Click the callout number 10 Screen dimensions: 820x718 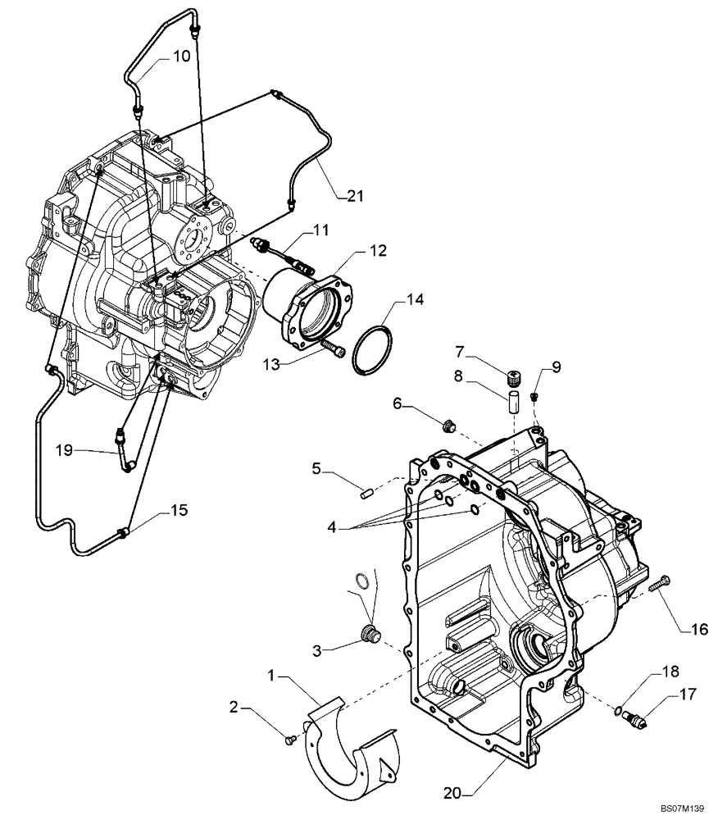pyautogui.click(x=180, y=57)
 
